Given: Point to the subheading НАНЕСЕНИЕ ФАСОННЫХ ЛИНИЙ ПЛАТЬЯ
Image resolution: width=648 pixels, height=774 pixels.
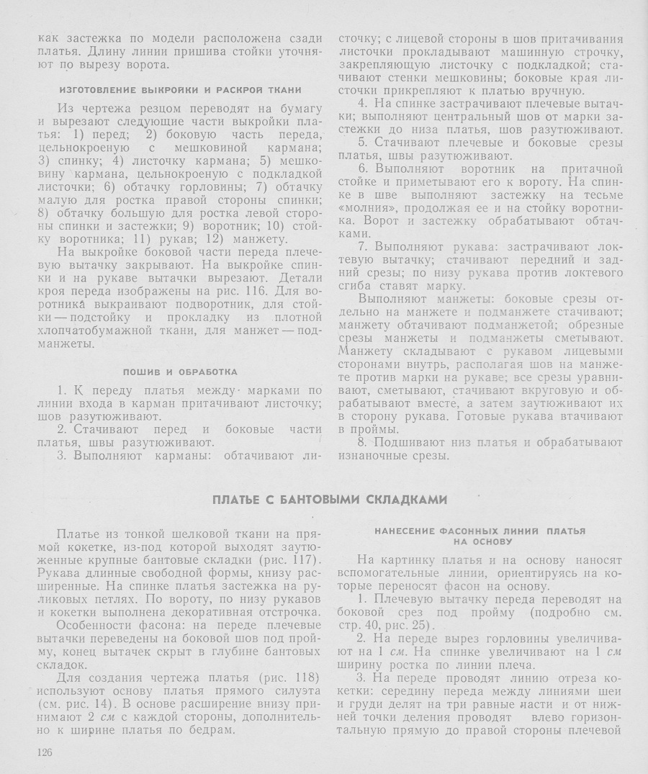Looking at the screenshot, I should click(480, 531).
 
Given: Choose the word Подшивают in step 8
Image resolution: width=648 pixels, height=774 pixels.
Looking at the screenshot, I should click(405, 443).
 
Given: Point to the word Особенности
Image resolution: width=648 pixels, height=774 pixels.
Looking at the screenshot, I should click(94, 625).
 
